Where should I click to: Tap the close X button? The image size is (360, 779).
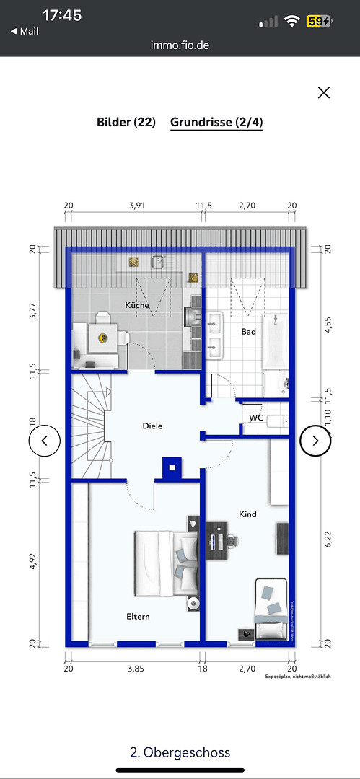(324, 92)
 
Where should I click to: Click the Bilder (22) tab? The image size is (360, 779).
(126, 122)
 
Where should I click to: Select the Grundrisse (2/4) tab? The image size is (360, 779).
(216, 122)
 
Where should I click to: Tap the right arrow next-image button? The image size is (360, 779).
(315, 441)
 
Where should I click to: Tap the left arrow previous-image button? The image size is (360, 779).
(44, 441)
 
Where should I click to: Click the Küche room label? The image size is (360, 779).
(137, 305)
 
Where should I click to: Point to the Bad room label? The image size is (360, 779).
(248, 332)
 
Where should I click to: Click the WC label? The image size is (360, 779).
(256, 418)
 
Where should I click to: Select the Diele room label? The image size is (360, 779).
(152, 426)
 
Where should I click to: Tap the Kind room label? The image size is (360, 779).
(247, 514)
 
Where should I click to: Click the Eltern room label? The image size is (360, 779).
(138, 617)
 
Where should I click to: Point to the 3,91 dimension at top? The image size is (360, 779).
(136, 206)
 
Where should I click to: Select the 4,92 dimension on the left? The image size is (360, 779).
(32, 561)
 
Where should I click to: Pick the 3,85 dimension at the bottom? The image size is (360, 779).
(136, 669)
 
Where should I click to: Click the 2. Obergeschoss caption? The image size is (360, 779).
(180, 752)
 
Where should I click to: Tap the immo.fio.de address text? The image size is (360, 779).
(180, 45)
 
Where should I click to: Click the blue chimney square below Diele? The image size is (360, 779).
(172, 467)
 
